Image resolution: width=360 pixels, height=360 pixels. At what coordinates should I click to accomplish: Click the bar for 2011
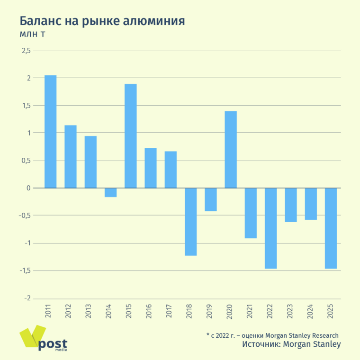click(x=50, y=132)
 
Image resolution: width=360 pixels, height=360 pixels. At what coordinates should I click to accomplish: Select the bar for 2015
click(x=130, y=136)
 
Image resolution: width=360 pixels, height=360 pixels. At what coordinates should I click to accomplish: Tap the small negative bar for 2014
click(x=110, y=192)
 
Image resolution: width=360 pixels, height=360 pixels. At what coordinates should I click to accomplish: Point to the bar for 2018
click(x=190, y=222)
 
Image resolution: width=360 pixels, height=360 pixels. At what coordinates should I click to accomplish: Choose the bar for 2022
click(x=270, y=228)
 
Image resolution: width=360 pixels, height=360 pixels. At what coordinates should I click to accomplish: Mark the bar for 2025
click(x=331, y=228)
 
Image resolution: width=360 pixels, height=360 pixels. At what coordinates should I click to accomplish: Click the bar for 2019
click(x=211, y=199)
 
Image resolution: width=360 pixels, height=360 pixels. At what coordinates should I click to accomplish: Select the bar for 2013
click(x=90, y=162)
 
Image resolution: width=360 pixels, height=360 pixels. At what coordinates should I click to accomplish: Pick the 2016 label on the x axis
click(x=151, y=311)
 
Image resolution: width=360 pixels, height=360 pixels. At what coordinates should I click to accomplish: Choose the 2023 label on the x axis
click(x=291, y=311)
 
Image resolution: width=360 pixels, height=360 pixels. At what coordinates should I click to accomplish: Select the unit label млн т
click(x=32, y=34)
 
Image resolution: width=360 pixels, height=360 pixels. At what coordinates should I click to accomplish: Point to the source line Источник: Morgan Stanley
click(x=291, y=344)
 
